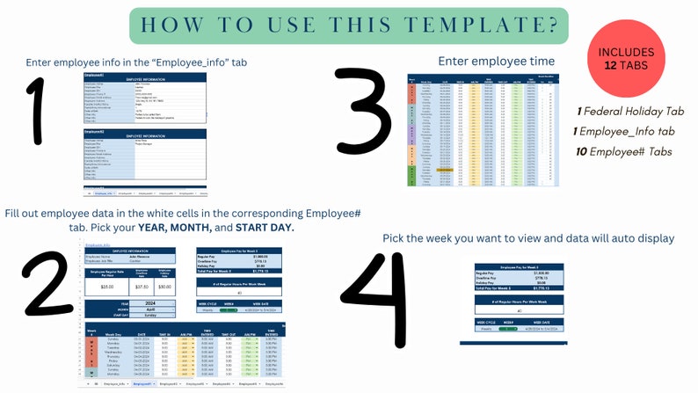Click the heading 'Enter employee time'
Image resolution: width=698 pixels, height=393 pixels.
point(496,61)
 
